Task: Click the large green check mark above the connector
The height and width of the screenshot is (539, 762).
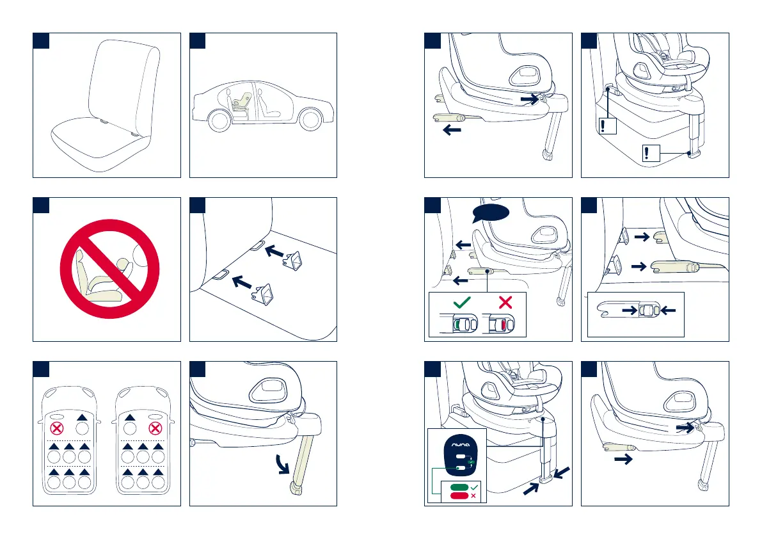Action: [x=461, y=303]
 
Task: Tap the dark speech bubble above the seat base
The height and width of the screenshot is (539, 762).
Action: [x=492, y=213]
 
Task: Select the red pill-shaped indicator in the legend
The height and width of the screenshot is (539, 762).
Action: [x=458, y=496]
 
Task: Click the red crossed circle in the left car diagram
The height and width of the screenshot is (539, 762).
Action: [x=58, y=427]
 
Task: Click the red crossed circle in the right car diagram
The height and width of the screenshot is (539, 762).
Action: [x=154, y=427]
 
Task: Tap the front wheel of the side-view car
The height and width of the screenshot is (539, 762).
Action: [x=311, y=120]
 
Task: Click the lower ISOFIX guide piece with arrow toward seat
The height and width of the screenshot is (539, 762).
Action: [x=264, y=293]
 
